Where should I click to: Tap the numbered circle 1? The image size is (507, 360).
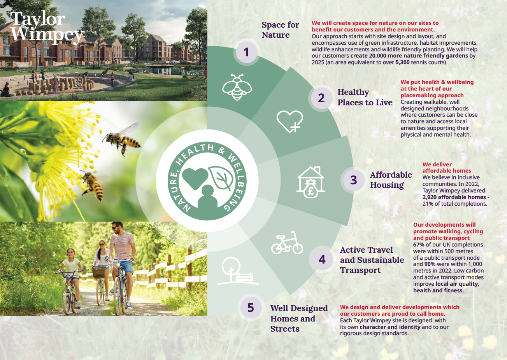246,52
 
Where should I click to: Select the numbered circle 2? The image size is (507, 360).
321,98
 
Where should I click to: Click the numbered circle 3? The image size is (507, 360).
353,180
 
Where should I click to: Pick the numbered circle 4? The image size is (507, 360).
322,259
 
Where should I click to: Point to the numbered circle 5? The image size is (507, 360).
251,308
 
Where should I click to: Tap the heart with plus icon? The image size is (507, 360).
290,121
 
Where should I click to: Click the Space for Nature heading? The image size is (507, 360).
280,30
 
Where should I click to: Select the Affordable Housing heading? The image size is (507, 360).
391,180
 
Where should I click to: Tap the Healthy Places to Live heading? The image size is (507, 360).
365,97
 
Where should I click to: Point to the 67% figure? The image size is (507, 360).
419,245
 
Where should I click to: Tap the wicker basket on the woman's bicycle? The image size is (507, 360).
100,271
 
